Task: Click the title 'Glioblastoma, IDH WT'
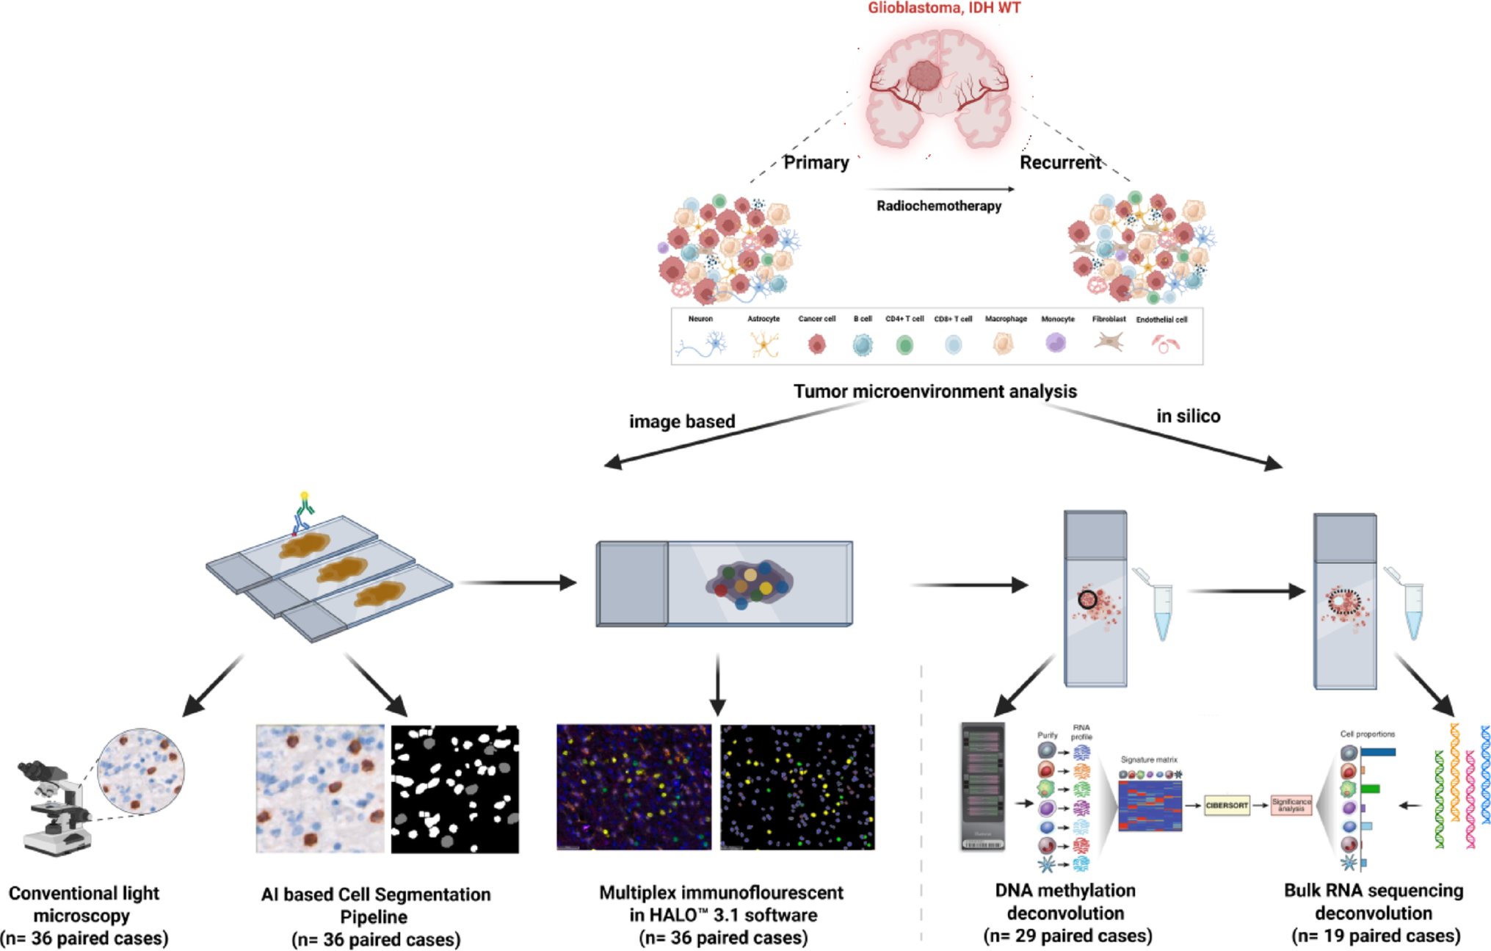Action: [943, 8]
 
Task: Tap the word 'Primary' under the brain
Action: [816, 162]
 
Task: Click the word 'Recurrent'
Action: [1060, 162]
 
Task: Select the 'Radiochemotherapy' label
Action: [938, 206]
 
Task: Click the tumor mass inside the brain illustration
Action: [925, 76]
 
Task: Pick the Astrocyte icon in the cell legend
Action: [763, 344]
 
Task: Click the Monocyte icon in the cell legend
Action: [1056, 343]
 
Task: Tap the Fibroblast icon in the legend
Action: [1109, 342]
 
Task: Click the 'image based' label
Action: [681, 422]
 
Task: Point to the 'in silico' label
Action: [1188, 416]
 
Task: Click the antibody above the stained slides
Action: [302, 513]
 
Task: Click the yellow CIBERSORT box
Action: [1226, 806]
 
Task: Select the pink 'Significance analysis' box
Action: [1291, 806]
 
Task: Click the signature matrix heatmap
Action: [1150, 806]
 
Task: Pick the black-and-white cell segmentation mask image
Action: [454, 789]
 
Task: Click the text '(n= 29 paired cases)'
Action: [1067, 936]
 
